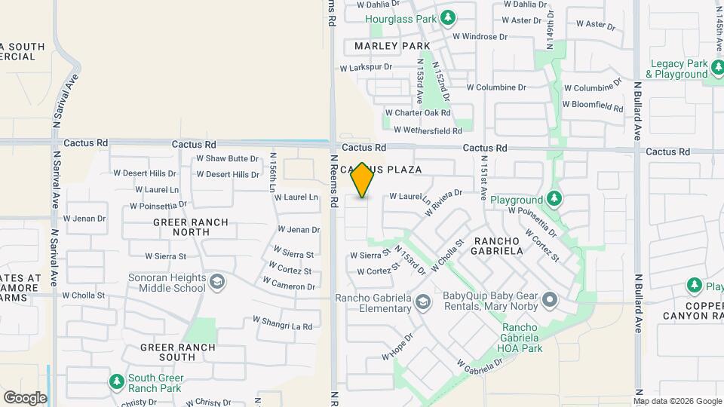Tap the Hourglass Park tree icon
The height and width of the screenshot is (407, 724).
coord(448,17)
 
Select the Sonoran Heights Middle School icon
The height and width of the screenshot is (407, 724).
coord(217,282)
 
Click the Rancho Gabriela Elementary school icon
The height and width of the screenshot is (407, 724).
coord(423,301)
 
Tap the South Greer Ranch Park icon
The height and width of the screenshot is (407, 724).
coord(116,382)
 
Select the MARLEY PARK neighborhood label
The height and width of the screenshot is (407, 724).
coord(392,46)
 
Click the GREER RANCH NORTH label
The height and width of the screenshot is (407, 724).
coord(181,227)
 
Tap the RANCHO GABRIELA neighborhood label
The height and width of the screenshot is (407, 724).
coord(498,246)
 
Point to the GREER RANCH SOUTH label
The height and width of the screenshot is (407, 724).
coord(178,352)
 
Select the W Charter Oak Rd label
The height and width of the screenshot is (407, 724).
coord(418,113)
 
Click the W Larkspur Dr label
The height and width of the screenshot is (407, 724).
coord(367,67)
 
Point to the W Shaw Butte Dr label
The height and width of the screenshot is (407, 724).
coord(227,158)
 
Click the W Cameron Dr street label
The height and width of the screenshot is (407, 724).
coord(289,285)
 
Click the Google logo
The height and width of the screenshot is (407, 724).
coord(25,397)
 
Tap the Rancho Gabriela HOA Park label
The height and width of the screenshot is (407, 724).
coord(520,338)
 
